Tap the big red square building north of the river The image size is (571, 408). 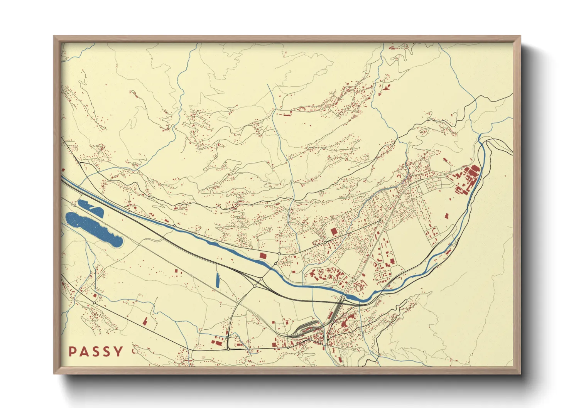pos(334,231)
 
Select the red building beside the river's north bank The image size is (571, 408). pos(263,256)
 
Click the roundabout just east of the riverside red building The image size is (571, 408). pos(279,253)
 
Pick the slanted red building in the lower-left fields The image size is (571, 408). pos(145,321)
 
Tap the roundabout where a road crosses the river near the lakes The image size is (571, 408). pos(174,226)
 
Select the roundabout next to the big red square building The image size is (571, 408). pos(325,242)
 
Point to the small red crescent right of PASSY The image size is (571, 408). pos(134,351)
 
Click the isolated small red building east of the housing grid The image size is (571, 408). pos(447,216)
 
